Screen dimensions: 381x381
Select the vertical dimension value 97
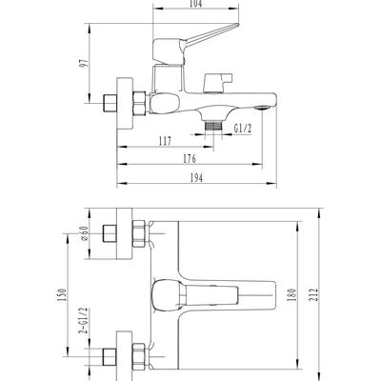(84, 63)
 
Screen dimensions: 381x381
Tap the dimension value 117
(165, 141)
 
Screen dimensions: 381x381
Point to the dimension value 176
(190, 158)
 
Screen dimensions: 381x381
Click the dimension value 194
(196, 178)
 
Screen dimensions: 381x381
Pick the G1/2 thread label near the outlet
(243, 129)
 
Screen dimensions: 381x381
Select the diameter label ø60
(84, 233)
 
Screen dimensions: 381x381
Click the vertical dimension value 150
(63, 295)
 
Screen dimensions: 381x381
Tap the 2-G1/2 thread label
(84, 321)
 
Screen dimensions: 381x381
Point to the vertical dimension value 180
(292, 295)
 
